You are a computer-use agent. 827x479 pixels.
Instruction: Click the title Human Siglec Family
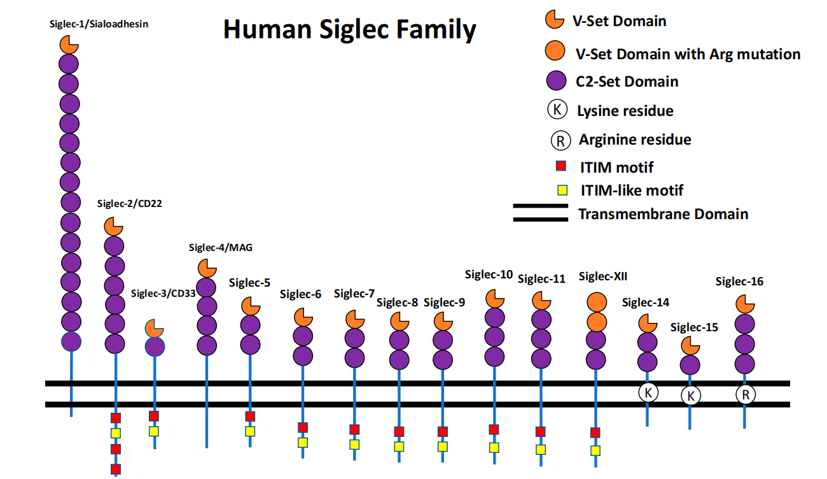tap(349, 29)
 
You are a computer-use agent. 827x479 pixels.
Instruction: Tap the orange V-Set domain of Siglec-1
tap(69, 45)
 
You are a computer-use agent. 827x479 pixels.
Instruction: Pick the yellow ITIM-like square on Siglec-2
tap(116, 433)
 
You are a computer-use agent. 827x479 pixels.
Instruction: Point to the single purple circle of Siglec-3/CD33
tap(155, 347)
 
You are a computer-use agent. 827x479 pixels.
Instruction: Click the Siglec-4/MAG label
tap(221, 248)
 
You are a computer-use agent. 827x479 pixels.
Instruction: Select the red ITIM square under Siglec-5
tap(250, 416)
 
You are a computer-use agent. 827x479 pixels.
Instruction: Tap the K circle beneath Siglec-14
tap(648, 392)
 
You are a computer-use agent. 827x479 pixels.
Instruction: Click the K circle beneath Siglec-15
tap(690, 396)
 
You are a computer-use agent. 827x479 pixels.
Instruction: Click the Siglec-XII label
tap(603, 276)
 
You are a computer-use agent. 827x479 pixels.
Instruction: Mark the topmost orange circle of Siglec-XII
tap(596, 301)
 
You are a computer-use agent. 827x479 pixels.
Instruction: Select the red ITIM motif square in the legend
tap(561, 167)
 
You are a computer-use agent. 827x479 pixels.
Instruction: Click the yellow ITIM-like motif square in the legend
tap(562, 190)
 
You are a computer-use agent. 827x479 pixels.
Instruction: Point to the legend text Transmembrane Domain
tap(663, 214)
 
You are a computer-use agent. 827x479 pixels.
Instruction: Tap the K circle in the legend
tap(557, 110)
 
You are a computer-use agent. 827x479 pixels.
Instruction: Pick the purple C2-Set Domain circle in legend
tap(557, 82)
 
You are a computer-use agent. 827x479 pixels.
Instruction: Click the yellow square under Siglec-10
tap(494, 447)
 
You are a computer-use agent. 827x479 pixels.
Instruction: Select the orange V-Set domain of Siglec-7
tap(355, 319)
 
